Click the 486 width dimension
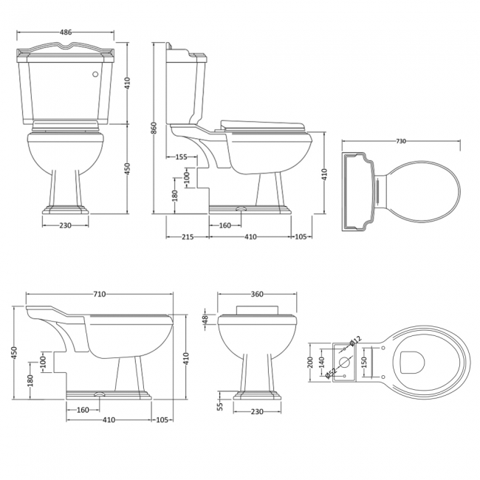66,32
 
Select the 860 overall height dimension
154,128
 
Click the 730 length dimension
401,141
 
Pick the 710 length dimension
100,294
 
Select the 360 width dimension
257,294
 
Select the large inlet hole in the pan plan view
343,361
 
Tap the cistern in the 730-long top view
360,191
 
